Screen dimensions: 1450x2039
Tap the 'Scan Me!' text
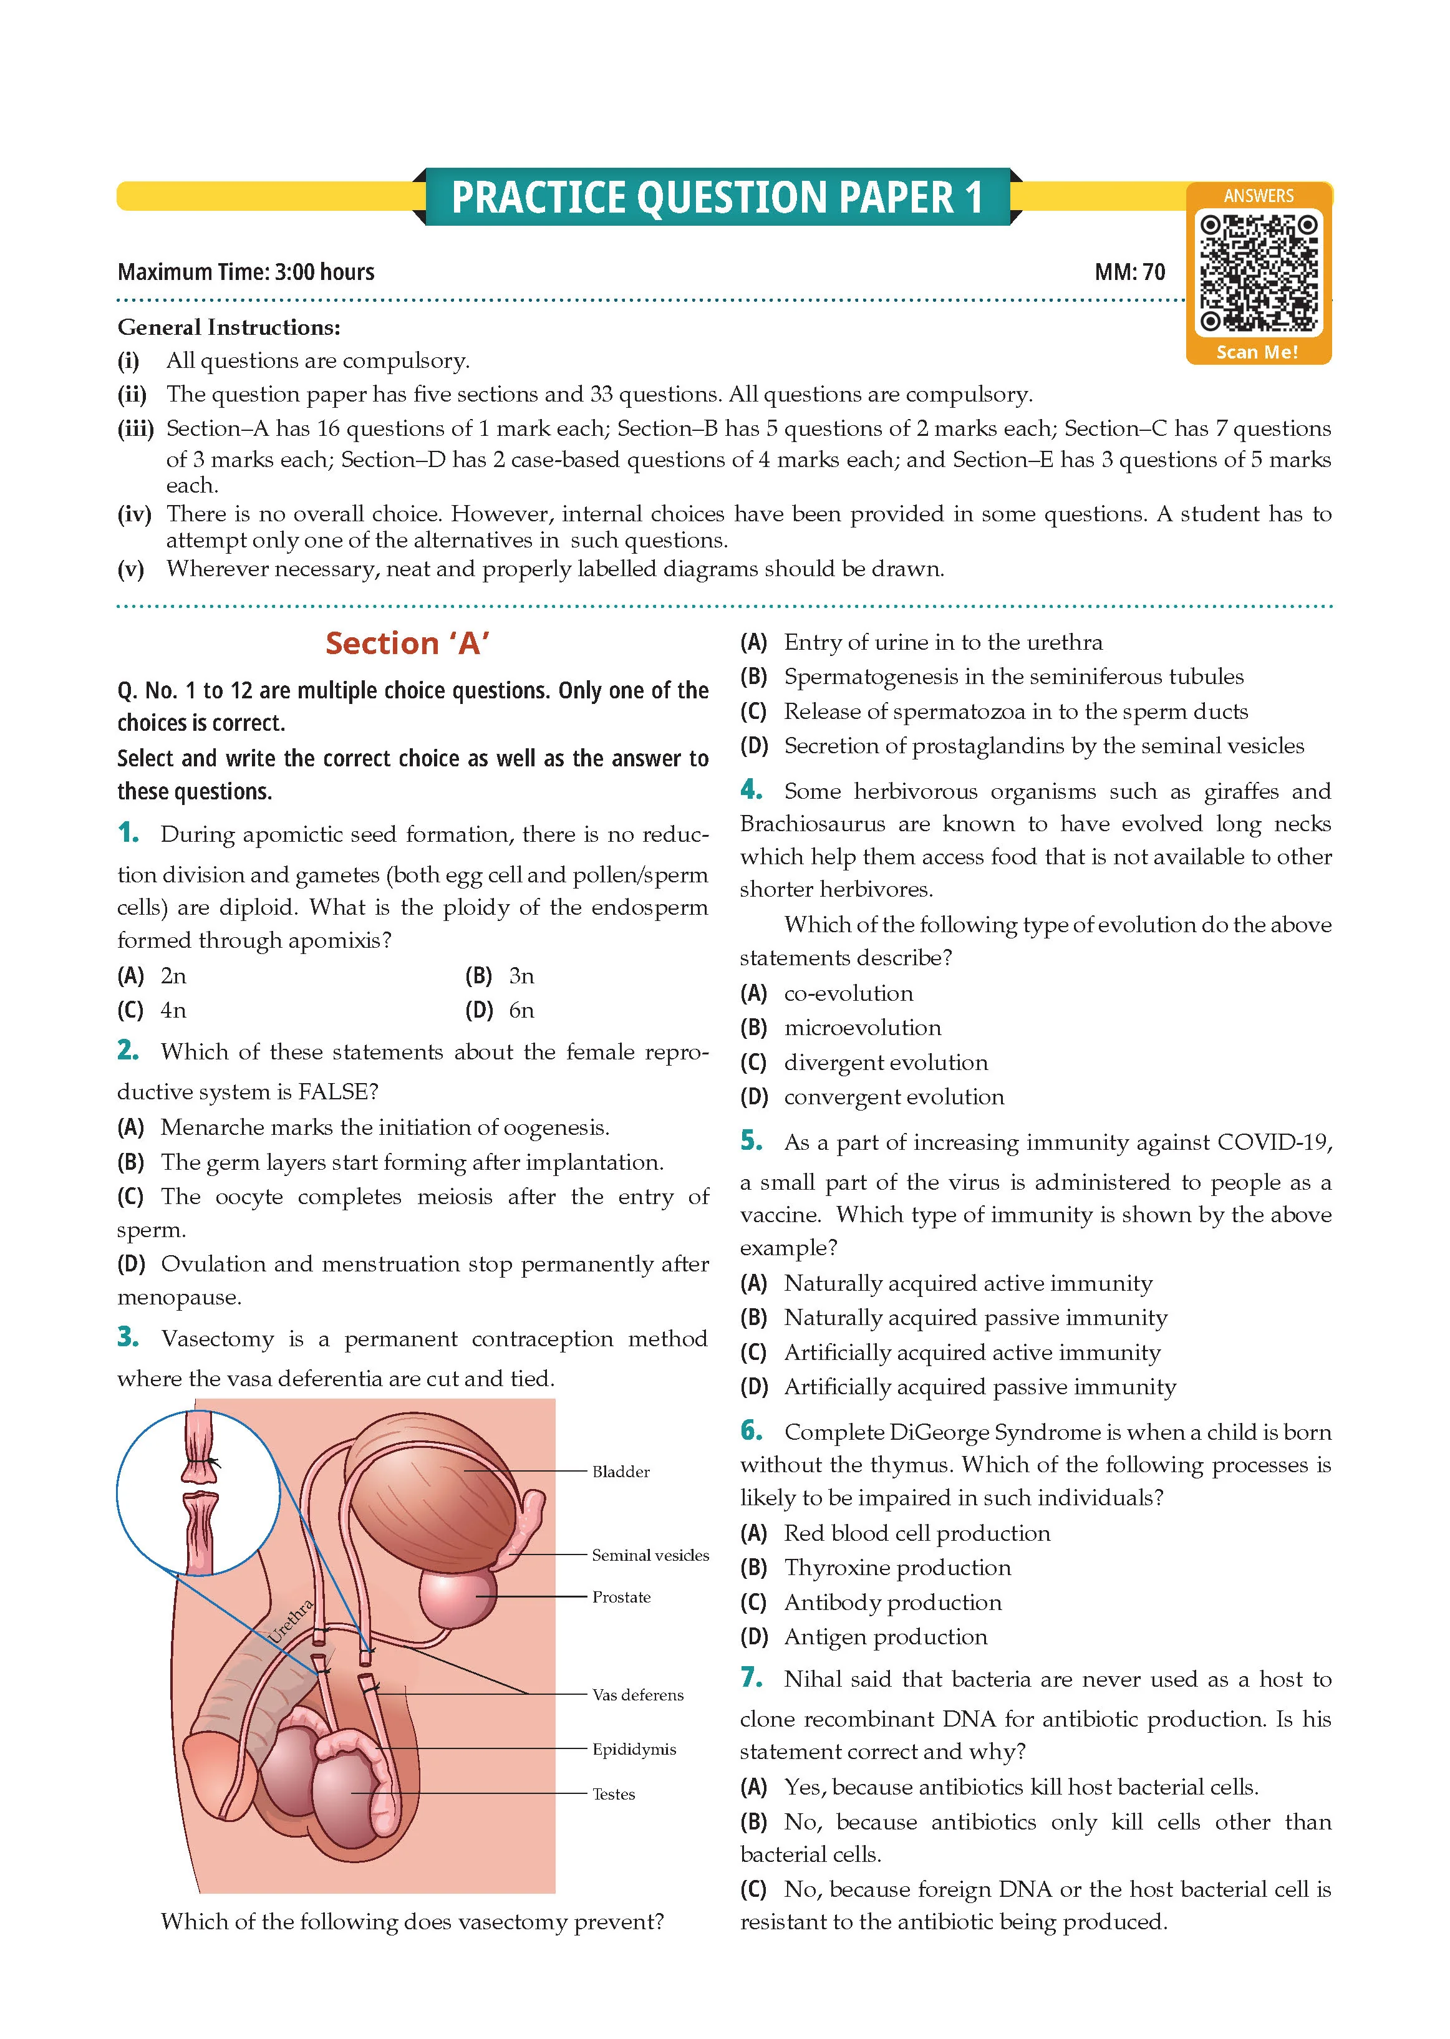1257,352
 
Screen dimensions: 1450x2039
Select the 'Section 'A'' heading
407,643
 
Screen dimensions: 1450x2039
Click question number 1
128,833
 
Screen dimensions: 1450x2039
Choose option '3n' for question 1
521,976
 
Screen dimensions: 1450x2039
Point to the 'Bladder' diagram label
621,1471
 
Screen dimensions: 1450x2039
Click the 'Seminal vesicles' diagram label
650,1555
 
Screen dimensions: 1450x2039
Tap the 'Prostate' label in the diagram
621,1597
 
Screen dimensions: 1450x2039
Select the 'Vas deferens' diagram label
637,1694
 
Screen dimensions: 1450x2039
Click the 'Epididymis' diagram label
634,1749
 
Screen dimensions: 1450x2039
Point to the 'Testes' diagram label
614,1793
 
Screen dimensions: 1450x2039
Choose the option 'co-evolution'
848,993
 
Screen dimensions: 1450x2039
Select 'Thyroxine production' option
897,1568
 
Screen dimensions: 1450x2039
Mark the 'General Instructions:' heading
229,327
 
